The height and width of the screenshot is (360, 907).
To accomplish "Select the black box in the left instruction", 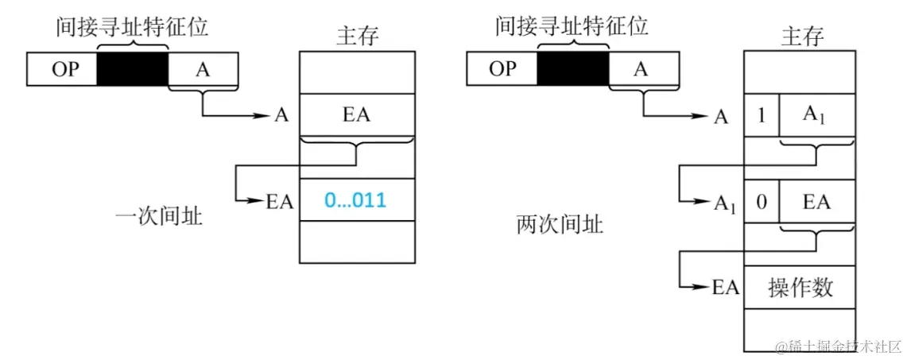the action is [133, 70].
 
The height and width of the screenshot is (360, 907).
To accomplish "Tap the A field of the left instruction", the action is [203, 70].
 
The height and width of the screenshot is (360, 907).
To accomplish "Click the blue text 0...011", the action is [355, 199].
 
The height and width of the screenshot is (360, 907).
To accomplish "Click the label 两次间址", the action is [560, 224].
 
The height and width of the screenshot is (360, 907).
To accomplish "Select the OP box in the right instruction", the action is [502, 68].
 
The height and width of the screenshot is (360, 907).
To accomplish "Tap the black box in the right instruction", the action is [573, 68].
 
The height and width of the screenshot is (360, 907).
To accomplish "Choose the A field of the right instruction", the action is [642, 68].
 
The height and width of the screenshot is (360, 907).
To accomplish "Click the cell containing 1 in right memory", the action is [762, 116].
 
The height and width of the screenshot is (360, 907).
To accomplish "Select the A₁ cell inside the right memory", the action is [816, 116].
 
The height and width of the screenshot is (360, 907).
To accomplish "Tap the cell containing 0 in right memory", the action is [762, 202].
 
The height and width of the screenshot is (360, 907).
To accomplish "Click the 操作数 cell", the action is [800, 288].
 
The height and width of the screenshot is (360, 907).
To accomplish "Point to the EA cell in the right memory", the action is [816, 202].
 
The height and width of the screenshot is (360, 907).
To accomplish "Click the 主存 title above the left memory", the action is [357, 36].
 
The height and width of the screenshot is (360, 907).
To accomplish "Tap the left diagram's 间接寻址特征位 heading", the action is [132, 27].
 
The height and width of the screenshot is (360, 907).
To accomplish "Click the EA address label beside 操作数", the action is [725, 288].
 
